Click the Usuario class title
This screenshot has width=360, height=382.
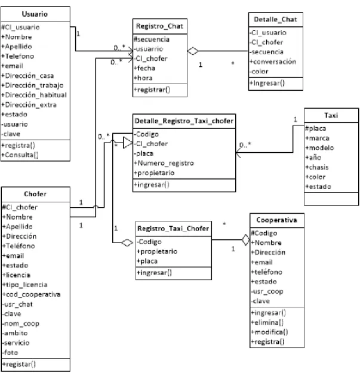(35, 14)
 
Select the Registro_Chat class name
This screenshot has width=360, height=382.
(159, 26)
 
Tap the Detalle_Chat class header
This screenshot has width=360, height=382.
(275, 20)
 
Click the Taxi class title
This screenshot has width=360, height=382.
(331, 115)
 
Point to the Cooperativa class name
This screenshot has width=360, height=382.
(276, 220)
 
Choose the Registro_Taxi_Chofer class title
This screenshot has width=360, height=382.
(173, 229)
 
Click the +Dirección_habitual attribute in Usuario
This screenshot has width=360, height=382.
(34, 95)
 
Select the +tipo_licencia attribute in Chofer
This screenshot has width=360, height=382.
(24, 285)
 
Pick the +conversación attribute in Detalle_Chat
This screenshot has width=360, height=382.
(273, 61)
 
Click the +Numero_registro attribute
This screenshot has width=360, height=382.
(164, 163)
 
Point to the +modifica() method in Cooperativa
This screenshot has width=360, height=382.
(269, 332)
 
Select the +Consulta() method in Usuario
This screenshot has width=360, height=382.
(20, 155)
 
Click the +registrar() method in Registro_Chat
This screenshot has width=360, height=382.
(152, 90)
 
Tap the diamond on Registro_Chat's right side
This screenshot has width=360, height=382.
(193, 51)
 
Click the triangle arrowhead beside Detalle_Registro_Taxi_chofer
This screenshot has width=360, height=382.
(128, 143)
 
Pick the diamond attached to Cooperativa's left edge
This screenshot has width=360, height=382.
(246, 240)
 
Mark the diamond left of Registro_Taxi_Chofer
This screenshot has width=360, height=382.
(127, 243)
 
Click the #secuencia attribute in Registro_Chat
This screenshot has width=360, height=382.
(152, 39)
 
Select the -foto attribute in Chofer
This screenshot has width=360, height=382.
(10, 353)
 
